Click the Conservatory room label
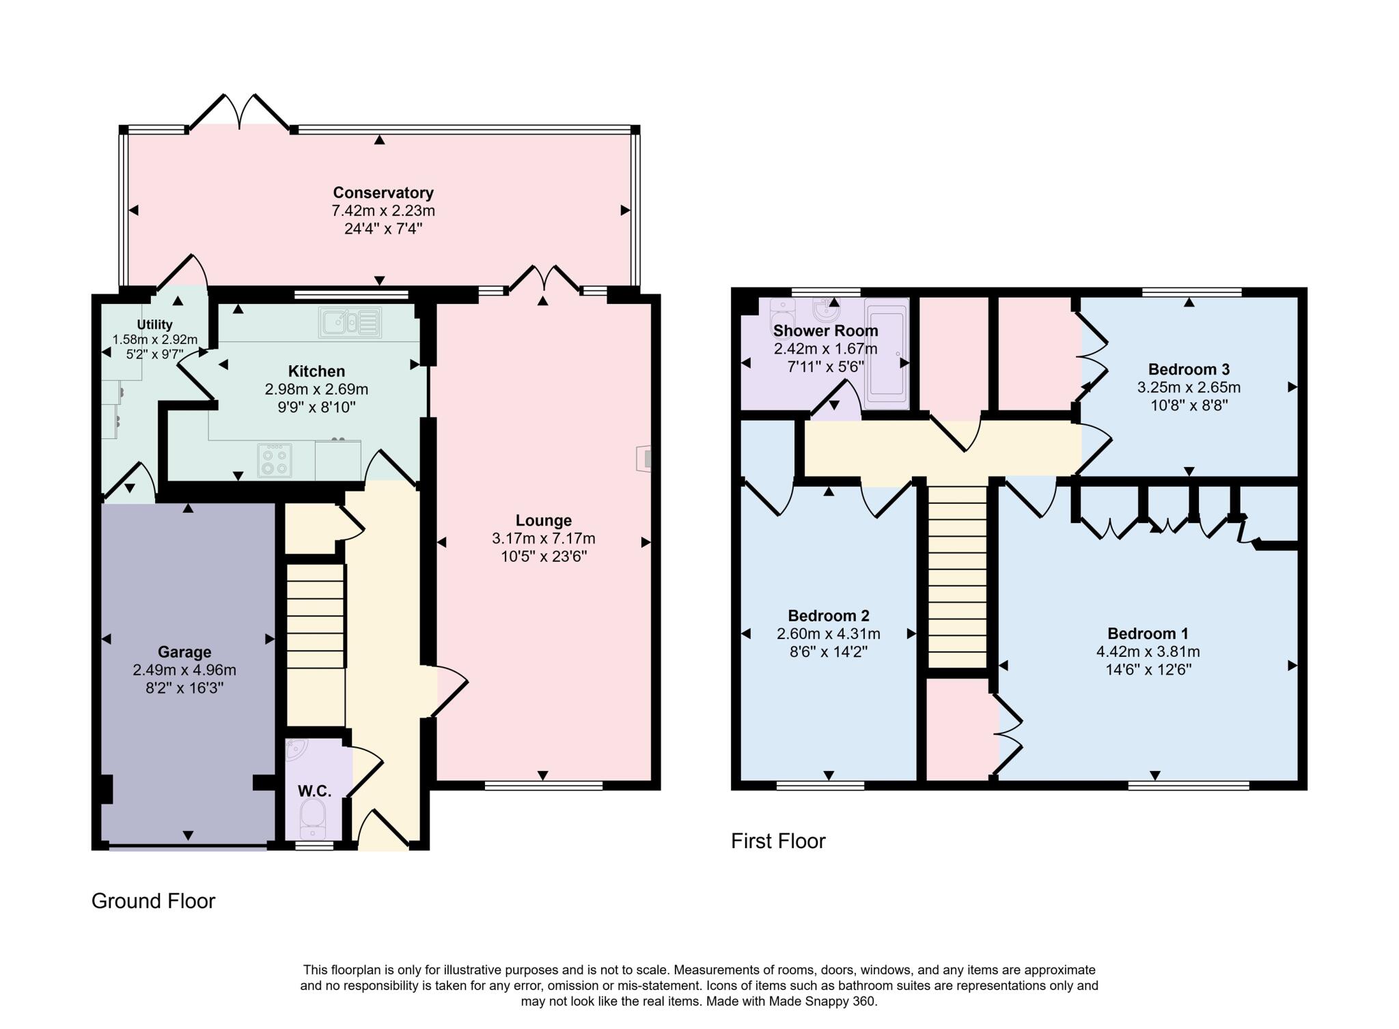click(x=383, y=193)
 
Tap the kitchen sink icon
click(x=349, y=322)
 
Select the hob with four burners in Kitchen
click(x=275, y=460)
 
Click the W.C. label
click(x=314, y=791)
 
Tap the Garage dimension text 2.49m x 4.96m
click(x=184, y=670)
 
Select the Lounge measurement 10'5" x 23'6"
click(x=543, y=556)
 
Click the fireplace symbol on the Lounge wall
click(x=644, y=458)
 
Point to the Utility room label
click(x=154, y=324)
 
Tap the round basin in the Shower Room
click(x=826, y=311)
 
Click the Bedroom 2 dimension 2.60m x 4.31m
click(x=828, y=634)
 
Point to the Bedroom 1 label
click(x=1148, y=633)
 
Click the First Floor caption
click(x=777, y=841)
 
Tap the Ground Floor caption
click(x=153, y=901)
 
